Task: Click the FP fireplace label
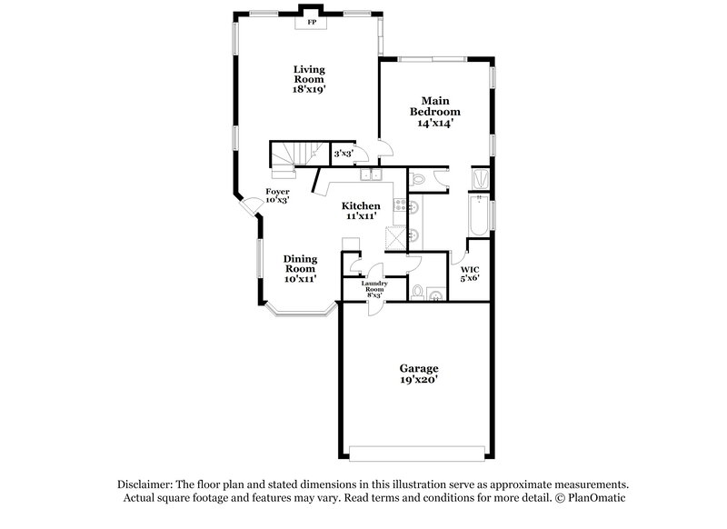(311, 21)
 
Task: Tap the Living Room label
(309, 79)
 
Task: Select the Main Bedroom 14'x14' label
(434, 111)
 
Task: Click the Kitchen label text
(361, 212)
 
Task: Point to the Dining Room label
(299, 268)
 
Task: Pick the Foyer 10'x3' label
(277, 196)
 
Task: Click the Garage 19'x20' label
(419, 374)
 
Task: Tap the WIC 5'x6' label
(470, 274)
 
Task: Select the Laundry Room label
(374, 288)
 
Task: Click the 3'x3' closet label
(343, 155)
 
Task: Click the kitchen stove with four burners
(399, 206)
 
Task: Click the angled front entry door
(248, 207)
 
